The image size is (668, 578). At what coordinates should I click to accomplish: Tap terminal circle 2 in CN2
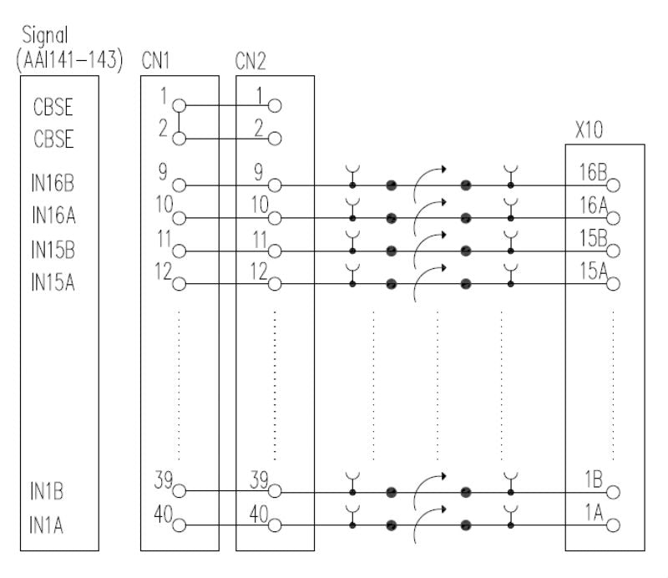tap(275, 139)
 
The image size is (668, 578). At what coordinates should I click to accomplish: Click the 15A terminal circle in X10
tap(614, 283)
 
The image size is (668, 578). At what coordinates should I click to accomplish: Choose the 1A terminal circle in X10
tap(614, 525)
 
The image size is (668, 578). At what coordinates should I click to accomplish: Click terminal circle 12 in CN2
tap(275, 283)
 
